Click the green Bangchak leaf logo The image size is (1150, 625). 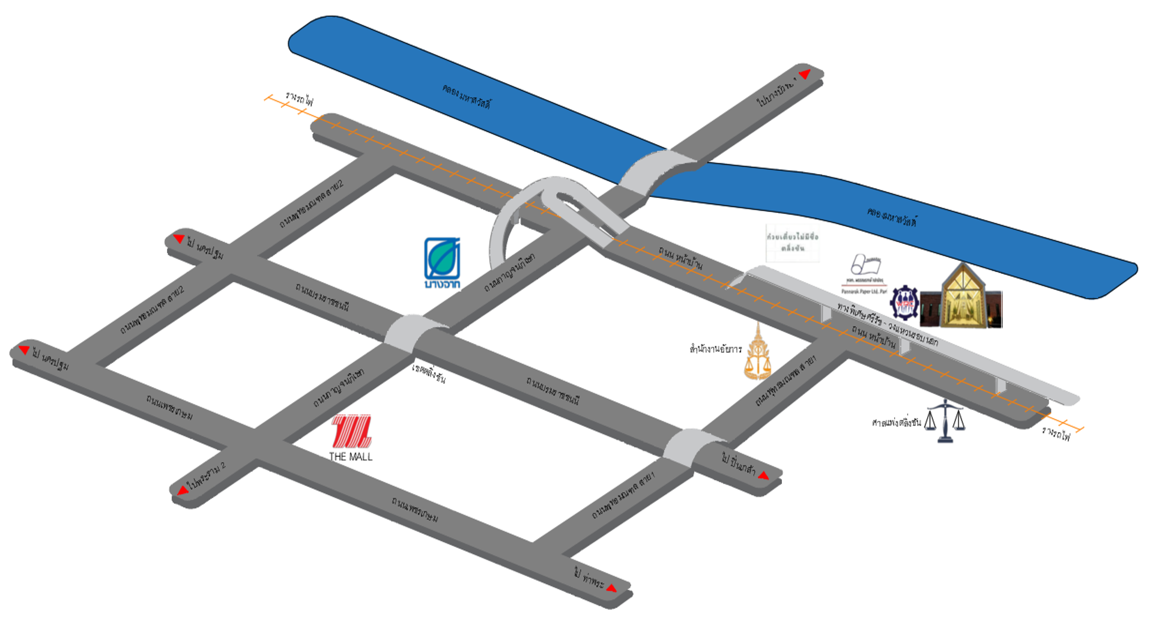(443, 258)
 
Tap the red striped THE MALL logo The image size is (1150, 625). (352, 431)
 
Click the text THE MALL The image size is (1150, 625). (351, 457)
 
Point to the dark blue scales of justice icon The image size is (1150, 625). (945, 421)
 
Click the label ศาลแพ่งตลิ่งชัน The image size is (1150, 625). (896, 423)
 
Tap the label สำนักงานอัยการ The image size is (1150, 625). (715, 349)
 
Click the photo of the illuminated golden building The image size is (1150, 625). (963, 297)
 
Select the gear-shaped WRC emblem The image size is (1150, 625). (904, 303)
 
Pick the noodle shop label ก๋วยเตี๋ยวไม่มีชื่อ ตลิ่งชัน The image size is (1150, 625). (793, 243)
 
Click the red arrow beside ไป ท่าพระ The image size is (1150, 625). (612, 588)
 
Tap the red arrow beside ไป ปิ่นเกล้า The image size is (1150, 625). (763, 476)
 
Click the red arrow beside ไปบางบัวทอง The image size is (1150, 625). (805, 74)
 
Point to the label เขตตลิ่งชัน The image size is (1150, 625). (429, 373)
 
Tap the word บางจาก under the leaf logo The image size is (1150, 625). (443, 284)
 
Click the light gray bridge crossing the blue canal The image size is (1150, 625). (658, 172)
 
